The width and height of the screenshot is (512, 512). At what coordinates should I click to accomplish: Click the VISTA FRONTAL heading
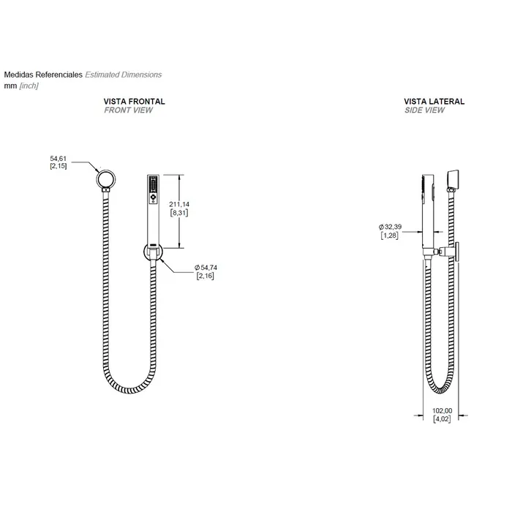pos(134,102)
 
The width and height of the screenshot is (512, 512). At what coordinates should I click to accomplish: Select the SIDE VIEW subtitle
pos(424,110)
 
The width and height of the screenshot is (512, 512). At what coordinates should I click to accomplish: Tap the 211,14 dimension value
pos(179,204)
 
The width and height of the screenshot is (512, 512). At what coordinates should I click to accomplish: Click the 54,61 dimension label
pos(58,159)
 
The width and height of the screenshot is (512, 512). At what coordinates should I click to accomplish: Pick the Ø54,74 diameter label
pos(206,268)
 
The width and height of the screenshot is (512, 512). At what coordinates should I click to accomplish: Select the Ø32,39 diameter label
pos(390,227)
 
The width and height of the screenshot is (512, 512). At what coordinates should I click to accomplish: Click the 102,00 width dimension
pos(442,411)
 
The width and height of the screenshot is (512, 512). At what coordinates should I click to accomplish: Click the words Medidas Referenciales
pos(43,75)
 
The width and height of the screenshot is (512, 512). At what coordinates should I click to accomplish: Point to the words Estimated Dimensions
pos(124,75)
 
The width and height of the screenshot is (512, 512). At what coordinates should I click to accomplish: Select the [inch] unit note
pos(29,86)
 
